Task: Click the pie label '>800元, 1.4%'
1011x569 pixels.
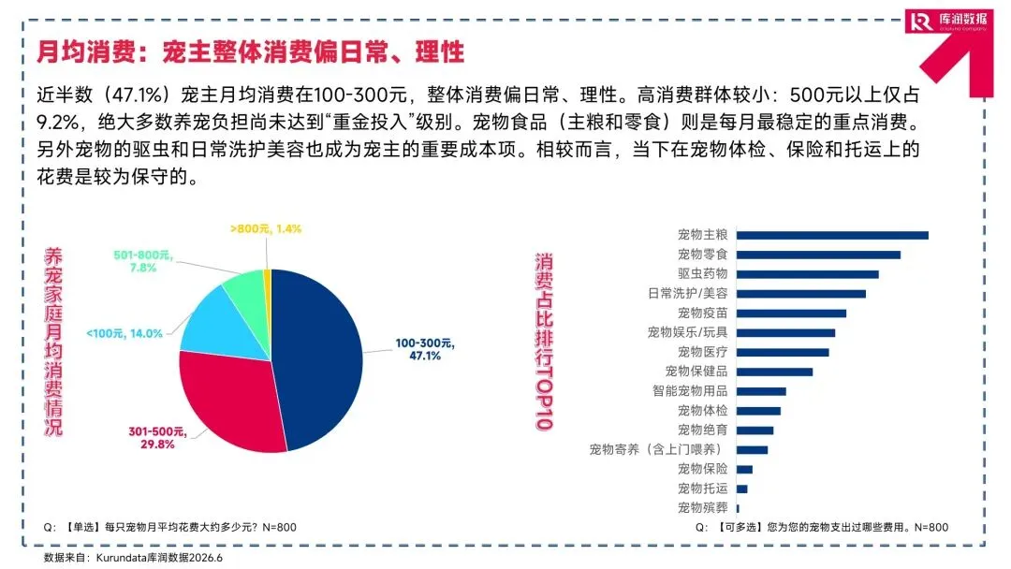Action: (x=266, y=228)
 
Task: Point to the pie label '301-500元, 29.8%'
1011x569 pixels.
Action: (x=157, y=438)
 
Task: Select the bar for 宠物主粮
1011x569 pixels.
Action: (x=832, y=235)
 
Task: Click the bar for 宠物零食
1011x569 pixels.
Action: (x=818, y=255)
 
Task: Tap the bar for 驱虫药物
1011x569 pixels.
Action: (x=807, y=274)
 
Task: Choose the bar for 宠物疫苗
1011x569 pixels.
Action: (x=791, y=314)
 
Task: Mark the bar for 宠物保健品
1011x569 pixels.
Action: (x=774, y=372)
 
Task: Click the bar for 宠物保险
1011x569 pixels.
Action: (x=744, y=470)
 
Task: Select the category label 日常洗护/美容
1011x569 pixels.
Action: (x=687, y=293)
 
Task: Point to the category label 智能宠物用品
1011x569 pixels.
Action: (x=690, y=391)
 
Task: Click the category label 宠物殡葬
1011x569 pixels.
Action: (x=702, y=508)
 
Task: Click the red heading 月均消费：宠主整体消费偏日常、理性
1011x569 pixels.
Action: (x=250, y=51)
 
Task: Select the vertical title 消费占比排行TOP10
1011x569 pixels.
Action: (x=544, y=342)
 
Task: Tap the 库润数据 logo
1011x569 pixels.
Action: (x=948, y=21)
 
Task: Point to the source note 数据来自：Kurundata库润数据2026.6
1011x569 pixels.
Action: (x=133, y=558)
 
